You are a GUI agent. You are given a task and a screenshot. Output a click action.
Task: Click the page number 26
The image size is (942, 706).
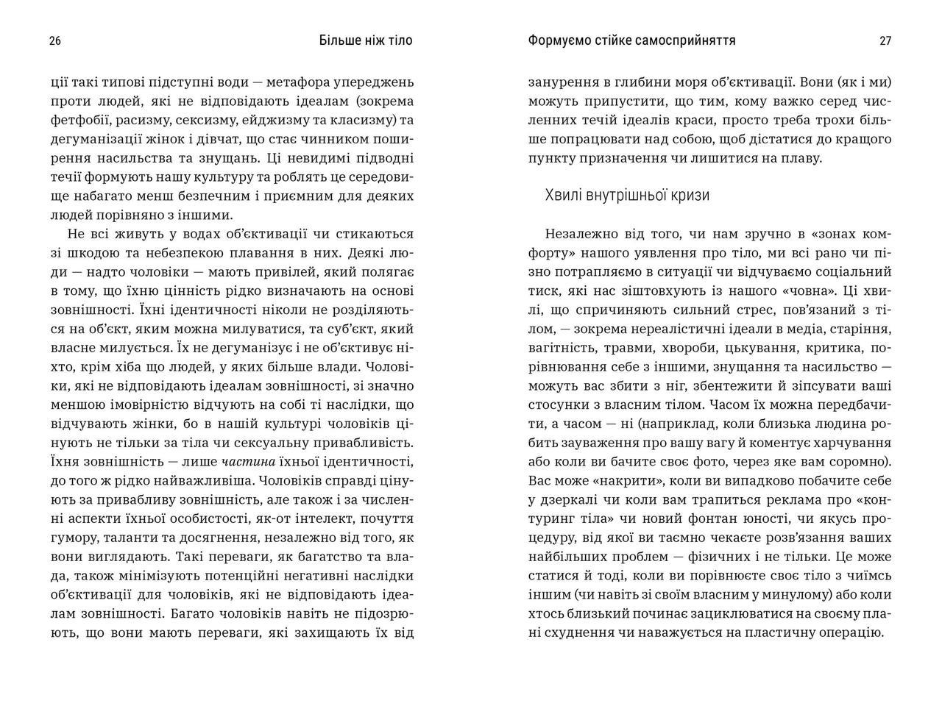[55, 41]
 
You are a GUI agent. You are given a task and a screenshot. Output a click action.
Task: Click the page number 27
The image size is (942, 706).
[885, 41]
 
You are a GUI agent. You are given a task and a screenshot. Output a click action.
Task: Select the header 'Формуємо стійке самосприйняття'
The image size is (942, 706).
[631, 41]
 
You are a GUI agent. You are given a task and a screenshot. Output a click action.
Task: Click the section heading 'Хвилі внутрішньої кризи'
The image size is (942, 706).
[627, 195]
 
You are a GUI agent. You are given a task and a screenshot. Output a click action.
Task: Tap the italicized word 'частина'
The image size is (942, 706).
[248, 462]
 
